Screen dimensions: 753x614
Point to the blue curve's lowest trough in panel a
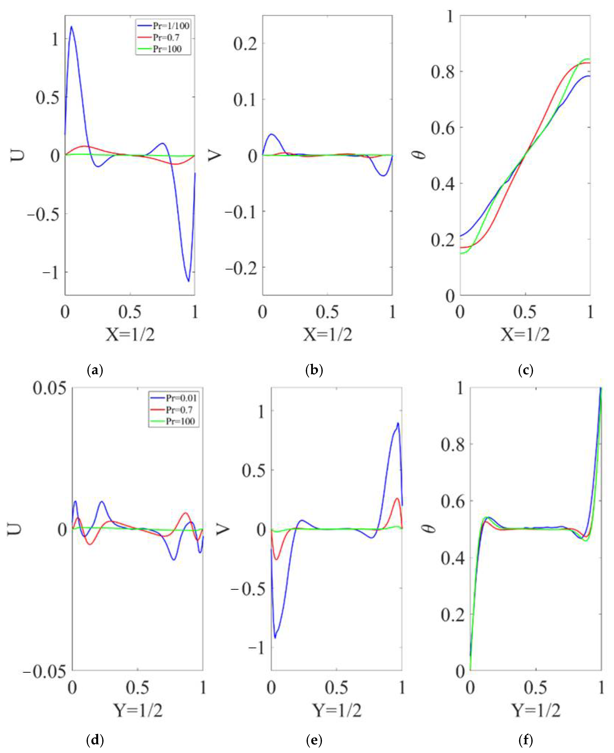189,281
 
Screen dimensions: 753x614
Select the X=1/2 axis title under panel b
327,334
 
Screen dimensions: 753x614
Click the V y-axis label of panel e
223,529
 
